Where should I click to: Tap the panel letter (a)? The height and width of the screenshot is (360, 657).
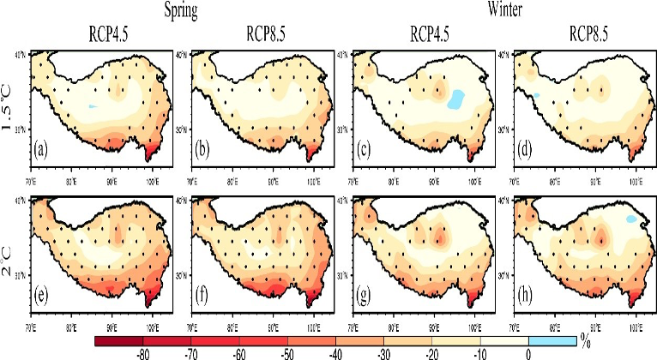click(x=40, y=154)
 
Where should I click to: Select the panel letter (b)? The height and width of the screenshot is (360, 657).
click(x=201, y=154)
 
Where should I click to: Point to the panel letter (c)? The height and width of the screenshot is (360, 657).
click(x=362, y=154)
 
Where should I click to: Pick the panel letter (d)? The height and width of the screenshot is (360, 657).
click(x=522, y=154)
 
